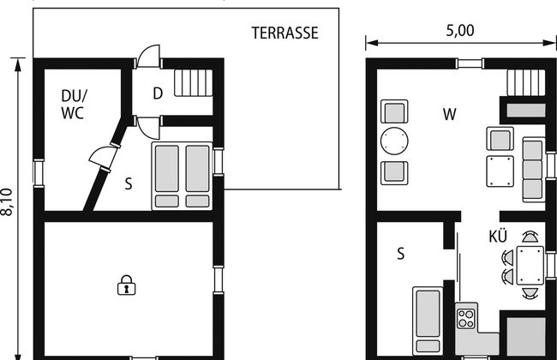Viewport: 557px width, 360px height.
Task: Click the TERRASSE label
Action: tap(284, 33)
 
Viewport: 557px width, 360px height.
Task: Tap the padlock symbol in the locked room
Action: tap(127, 285)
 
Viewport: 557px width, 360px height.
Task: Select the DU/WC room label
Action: tap(74, 105)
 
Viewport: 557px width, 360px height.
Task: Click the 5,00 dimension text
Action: tap(460, 31)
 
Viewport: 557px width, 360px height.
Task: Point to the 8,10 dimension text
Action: tap(8, 201)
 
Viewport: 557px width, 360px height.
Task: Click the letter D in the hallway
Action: tap(158, 93)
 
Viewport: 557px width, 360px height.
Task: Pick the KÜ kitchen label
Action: tap(498, 237)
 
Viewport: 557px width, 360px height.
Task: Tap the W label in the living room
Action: tap(449, 115)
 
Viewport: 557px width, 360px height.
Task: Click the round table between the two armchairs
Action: tap(394, 141)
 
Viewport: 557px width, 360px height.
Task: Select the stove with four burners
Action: tap(466, 318)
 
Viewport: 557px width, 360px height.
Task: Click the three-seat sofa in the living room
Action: tap(534, 169)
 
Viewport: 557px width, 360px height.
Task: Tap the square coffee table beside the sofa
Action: tap(500, 171)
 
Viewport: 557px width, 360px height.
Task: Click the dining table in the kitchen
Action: tap(530, 266)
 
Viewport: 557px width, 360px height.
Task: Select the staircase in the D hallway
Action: tap(194, 83)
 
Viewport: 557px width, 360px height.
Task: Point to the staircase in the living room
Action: tap(526, 83)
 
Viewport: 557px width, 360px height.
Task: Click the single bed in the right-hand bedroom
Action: tap(428, 321)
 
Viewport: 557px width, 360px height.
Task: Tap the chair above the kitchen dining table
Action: tap(530, 237)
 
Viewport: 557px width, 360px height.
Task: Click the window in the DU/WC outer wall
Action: tap(39, 173)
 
